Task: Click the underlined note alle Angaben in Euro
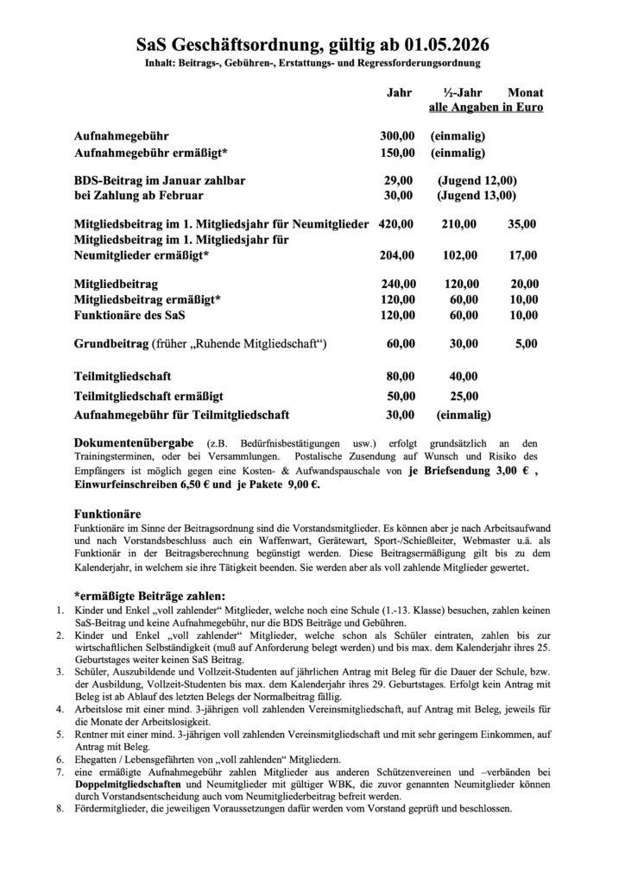pyautogui.click(x=486, y=108)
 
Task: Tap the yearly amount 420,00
pyautogui.click(x=397, y=223)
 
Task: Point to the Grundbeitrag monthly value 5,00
pyautogui.click(x=525, y=344)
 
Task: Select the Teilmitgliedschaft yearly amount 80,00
pyautogui.click(x=400, y=376)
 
